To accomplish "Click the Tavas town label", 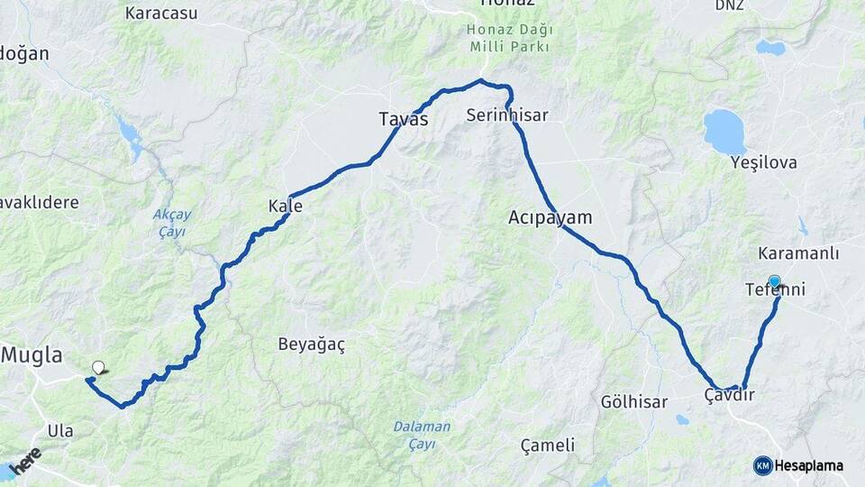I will pyautogui.click(x=403, y=119).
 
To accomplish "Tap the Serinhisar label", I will pyautogui.click(x=507, y=115).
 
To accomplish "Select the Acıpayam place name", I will pyautogui.click(x=550, y=217).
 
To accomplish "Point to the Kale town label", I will pyautogui.click(x=285, y=207).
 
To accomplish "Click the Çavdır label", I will pyautogui.click(x=729, y=396).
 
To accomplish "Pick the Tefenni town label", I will pyautogui.click(x=775, y=290).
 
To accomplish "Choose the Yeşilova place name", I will pyautogui.click(x=764, y=162).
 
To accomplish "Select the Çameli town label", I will pyautogui.click(x=548, y=445).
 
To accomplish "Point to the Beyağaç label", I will pyautogui.click(x=312, y=345).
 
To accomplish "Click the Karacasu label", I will pyautogui.click(x=161, y=13).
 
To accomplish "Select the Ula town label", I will pyautogui.click(x=60, y=430).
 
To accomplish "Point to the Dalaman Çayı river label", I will pyautogui.click(x=422, y=435).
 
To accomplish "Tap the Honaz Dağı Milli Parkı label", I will pyautogui.click(x=509, y=38).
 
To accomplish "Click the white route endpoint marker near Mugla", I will pyautogui.click(x=98, y=367).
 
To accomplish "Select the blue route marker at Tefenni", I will pyautogui.click(x=774, y=281).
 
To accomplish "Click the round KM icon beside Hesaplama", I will pyautogui.click(x=762, y=465).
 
